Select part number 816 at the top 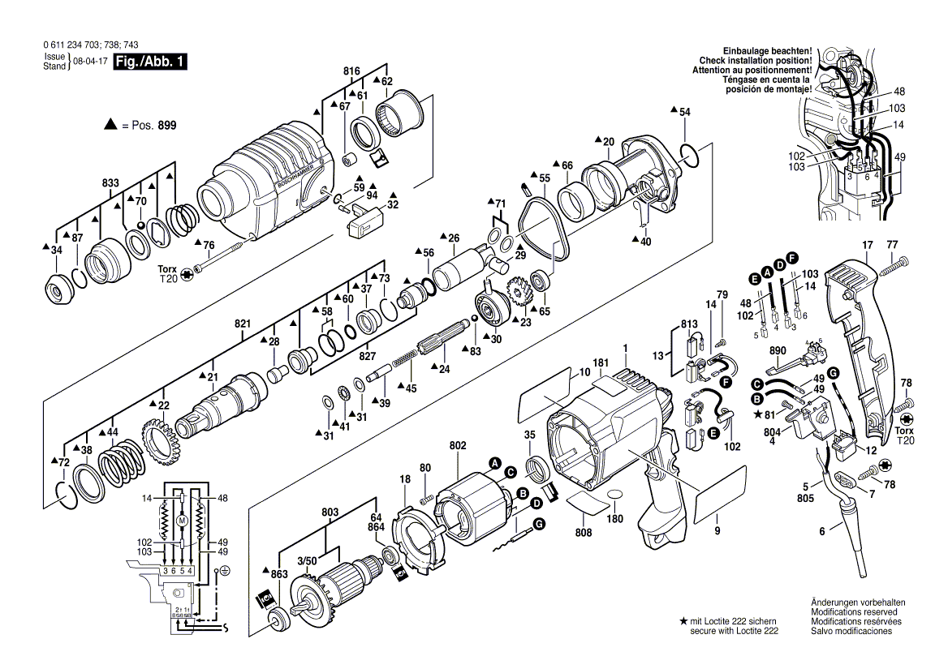351,72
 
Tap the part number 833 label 110,183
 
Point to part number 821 243,324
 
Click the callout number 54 685,111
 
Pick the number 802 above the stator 457,445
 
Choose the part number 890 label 778,350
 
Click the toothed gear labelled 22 162,439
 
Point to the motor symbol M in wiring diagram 183,519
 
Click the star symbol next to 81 756,414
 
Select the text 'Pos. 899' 154,127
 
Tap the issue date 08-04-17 88,62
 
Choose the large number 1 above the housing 626,349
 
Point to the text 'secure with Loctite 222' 734,630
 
